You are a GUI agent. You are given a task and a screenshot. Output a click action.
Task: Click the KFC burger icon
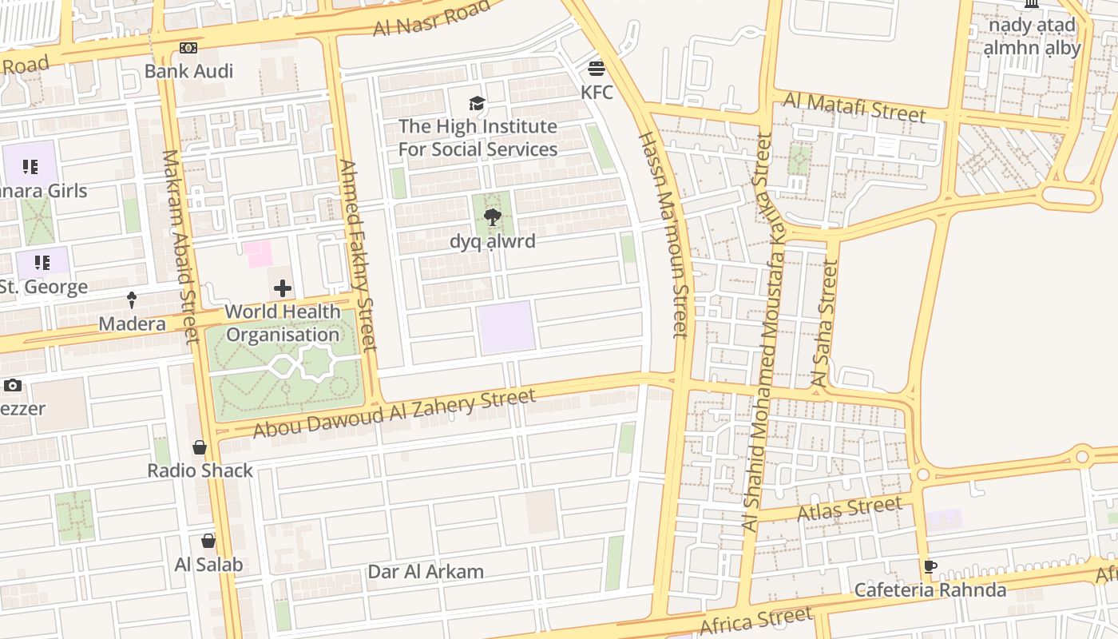597,68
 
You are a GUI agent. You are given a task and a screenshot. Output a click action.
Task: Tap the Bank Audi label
188,71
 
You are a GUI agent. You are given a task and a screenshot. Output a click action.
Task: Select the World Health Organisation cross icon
283,288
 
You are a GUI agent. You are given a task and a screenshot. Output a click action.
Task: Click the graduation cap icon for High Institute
478,103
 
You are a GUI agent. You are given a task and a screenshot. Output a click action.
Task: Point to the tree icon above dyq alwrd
493,217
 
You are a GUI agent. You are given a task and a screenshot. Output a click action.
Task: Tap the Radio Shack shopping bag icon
200,447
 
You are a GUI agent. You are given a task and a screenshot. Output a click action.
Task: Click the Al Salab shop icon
208,541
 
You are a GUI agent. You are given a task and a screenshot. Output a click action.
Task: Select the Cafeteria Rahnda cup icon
930,567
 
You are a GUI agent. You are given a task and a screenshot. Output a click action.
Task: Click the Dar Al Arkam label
426,572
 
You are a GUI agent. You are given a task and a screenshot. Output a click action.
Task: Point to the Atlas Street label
850,508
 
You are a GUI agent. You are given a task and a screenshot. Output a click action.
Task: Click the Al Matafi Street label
854,107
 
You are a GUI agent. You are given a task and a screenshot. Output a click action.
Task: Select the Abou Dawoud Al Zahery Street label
394,413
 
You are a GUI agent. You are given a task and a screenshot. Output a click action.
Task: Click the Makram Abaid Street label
180,247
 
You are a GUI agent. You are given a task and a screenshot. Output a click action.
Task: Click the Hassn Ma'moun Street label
663,236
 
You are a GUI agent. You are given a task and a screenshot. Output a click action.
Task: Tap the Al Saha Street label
826,323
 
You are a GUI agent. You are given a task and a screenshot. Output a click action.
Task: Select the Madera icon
132,300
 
